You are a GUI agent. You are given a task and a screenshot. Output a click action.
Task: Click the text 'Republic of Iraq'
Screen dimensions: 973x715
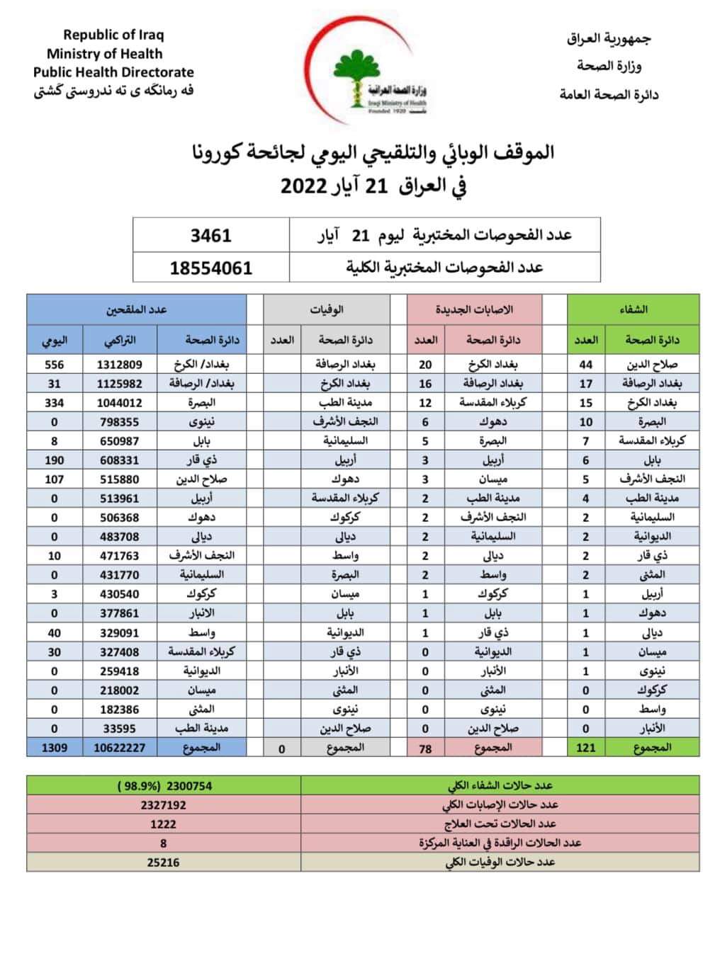tap(113, 34)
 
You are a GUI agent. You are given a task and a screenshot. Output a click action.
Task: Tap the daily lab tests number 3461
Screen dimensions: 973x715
tap(210, 235)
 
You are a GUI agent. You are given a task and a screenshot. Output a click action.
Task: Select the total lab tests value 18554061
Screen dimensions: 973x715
tap(210, 268)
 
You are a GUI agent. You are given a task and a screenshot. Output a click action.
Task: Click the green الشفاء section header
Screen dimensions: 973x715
tap(633, 309)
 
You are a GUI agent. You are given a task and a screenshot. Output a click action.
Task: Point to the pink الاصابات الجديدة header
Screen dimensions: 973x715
tap(474, 309)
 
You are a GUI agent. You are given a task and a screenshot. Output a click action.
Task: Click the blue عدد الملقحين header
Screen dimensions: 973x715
tap(136, 309)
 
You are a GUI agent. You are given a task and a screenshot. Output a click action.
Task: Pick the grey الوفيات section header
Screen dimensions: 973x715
tap(327, 309)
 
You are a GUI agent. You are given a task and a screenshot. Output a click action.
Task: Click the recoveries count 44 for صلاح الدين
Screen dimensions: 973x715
tap(585, 365)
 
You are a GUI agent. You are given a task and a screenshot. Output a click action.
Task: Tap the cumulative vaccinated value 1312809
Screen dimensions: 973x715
tap(119, 365)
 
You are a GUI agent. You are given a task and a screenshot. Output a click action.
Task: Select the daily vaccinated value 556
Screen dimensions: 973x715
tap(54, 365)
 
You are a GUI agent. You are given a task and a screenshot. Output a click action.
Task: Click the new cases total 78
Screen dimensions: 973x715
tap(425, 748)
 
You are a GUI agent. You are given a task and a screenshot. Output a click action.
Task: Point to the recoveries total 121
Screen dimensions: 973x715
tap(585, 748)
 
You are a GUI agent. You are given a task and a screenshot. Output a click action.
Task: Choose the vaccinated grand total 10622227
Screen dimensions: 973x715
tap(119, 748)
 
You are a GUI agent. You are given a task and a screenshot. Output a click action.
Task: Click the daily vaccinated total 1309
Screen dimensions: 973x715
tap(54, 748)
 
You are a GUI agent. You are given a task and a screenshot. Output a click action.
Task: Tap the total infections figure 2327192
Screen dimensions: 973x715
tap(163, 805)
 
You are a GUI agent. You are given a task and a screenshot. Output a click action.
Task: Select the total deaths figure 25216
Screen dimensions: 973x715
tap(163, 863)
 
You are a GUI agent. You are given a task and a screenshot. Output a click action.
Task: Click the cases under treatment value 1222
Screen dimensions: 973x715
tap(163, 824)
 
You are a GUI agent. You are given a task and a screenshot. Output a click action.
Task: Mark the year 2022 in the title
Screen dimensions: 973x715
tap(303, 186)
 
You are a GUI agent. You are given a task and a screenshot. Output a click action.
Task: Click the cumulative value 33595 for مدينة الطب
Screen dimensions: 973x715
tap(119, 729)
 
